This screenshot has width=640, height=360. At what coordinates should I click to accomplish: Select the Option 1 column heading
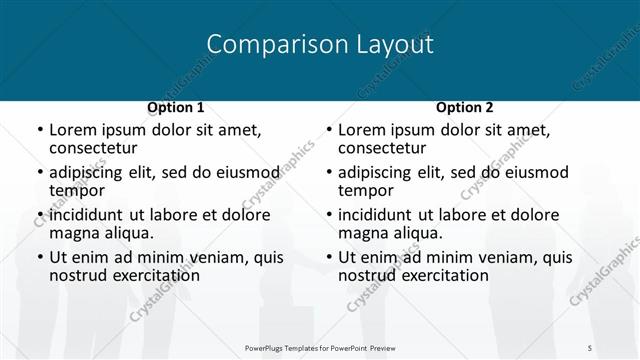pos(175,107)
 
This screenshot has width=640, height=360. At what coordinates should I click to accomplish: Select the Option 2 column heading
pos(465,107)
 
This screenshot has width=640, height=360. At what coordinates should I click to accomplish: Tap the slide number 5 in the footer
pos(590,347)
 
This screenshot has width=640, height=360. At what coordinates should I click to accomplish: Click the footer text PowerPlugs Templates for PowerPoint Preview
pos(320,347)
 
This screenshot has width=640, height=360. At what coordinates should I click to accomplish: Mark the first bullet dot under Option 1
pos(40,130)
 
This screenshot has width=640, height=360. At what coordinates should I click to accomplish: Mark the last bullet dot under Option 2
pos(330,257)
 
